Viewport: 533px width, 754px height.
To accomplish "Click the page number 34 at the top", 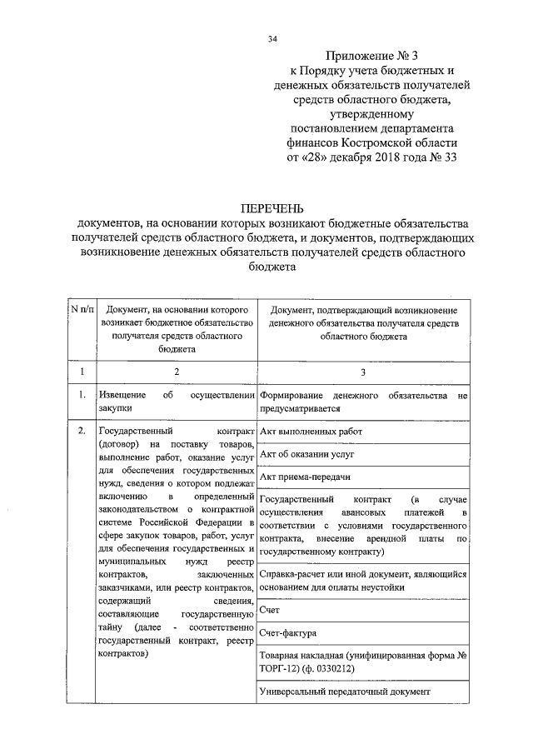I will coord(272,39).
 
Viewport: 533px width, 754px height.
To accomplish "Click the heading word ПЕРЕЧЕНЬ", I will coord(272,207).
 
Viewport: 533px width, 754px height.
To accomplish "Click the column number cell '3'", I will coord(362,372).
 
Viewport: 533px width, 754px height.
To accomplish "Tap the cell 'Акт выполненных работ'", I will coord(311,432).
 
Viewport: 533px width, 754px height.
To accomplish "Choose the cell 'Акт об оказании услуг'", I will coord(307,455).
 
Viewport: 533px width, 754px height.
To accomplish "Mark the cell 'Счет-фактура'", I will coord(288,633).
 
